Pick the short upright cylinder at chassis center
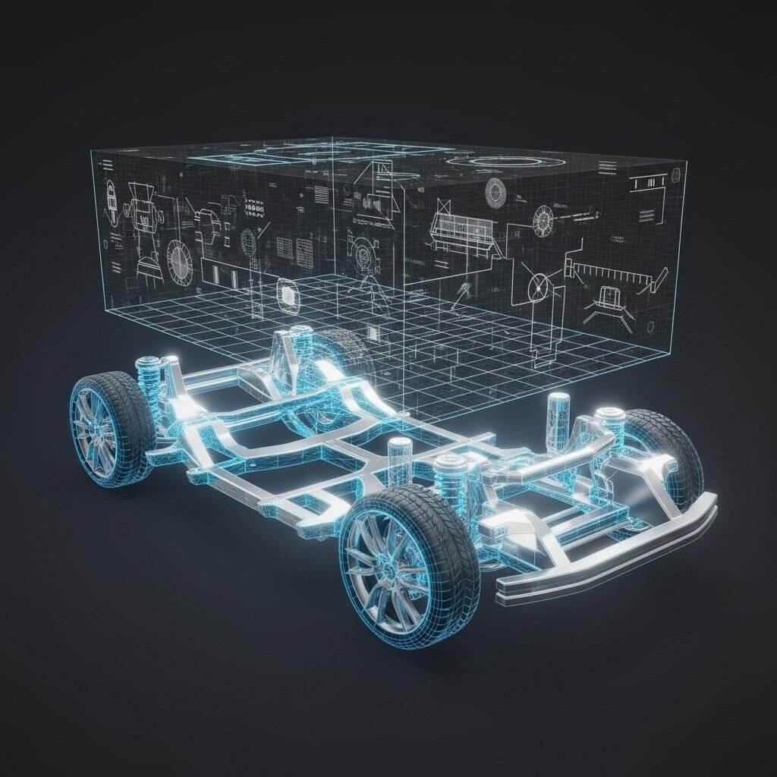(x=398, y=458)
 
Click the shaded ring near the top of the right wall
(x=495, y=190)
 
